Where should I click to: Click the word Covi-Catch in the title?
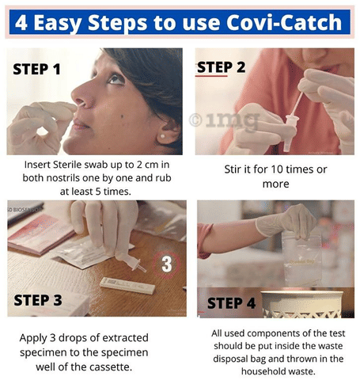click(x=284, y=22)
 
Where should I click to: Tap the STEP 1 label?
click(x=36, y=70)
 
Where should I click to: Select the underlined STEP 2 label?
click(x=222, y=67)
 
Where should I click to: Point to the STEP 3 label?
click(x=38, y=300)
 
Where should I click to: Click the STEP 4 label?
click(x=231, y=303)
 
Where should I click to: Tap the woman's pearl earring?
click(x=163, y=136)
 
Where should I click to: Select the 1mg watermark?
click(x=224, y=120)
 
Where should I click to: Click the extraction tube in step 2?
click(x=290, y=132)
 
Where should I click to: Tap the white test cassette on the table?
click(x=127, y=285)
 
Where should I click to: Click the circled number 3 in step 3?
click(x=166, y=264)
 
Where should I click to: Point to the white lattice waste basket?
click(x=302, y=304)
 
